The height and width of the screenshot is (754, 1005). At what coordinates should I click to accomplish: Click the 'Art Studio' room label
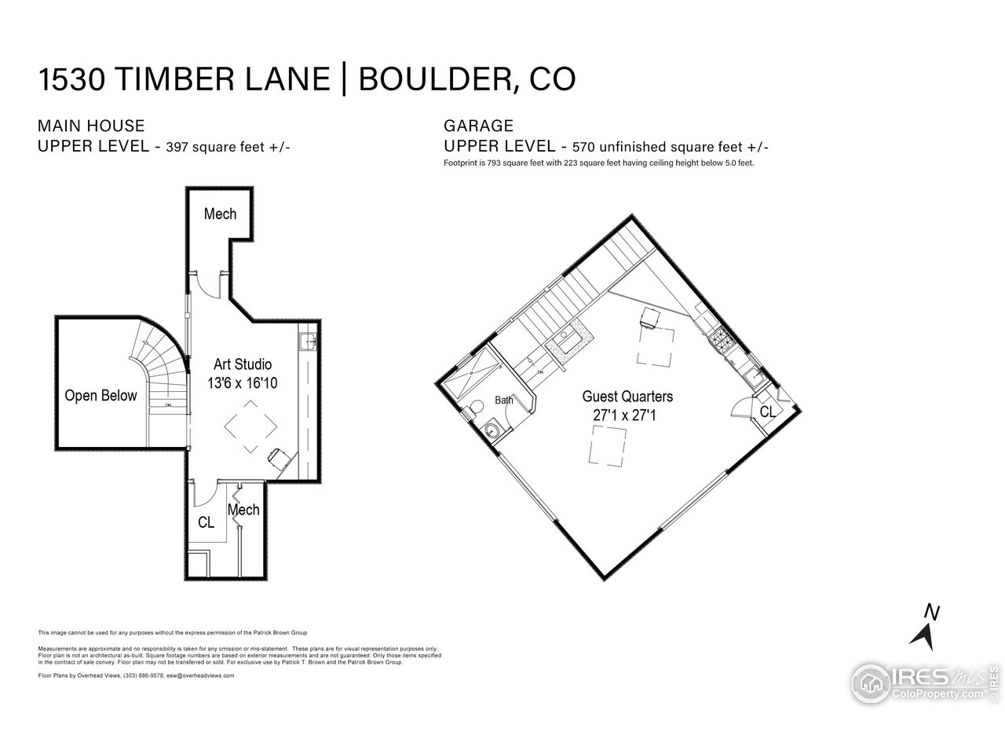tap(243, 364)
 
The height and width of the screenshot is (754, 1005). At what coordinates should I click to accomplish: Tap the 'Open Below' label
tap(100, 396)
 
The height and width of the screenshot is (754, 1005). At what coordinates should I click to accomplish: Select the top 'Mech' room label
tap(220, 214)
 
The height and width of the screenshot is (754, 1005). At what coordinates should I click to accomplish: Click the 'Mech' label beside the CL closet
tap(244, 510)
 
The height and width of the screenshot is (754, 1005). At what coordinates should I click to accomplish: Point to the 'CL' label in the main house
tap(206, 522)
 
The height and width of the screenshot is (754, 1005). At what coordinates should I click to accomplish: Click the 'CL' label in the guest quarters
tap(767, 412)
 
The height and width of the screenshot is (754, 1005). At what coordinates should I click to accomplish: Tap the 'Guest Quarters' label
tap(627, 397)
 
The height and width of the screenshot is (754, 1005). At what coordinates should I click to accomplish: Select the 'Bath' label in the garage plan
tap(503, 401)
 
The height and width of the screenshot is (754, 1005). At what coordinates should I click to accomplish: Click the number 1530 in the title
tap(71, 79)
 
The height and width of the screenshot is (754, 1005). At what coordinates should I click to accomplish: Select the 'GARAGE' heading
tap(478, 126)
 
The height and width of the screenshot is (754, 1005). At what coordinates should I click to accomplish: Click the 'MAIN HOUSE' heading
tap(91, 126)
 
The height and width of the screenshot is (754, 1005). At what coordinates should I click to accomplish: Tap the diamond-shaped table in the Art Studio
tap(250, 426)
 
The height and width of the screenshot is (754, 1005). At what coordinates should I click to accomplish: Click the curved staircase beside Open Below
tap(161, 369)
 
